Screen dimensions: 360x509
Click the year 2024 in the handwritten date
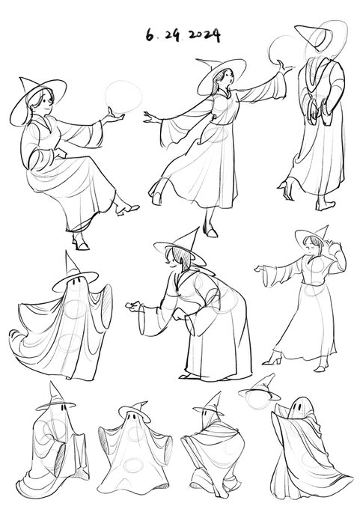click(x=204, y=35)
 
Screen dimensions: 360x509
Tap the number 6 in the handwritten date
click(x=150, y=34)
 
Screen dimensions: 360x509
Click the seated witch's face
click(x=46, y=103)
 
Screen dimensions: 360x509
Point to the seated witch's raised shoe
click(x=127, y=208)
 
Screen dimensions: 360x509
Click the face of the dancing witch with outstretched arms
click(x=228, y=78)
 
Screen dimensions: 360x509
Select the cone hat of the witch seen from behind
click(x=314, y=37)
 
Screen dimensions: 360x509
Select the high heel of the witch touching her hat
click(x=273, y=359)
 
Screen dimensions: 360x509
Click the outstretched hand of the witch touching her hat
click(x=260, y=269)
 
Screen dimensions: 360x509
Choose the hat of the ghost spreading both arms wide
click(x=134, y=411)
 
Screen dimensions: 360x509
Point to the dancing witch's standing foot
click(x=210, y=231)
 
